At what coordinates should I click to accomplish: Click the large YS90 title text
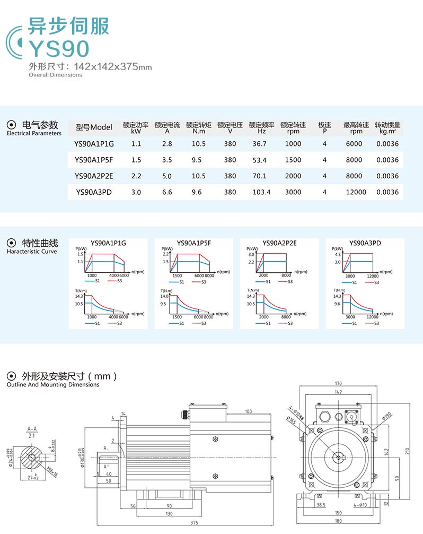coord(59,49)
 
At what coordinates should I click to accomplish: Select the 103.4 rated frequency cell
coord(261,192)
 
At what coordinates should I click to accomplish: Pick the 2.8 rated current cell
coord(167,144)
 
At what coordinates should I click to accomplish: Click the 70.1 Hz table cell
coord(260,176)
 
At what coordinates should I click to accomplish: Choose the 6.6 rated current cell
coord(167,192)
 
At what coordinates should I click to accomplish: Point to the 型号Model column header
coord(94,127)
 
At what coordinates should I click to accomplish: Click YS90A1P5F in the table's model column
coord(94,160)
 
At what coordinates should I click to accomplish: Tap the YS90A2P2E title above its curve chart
coord(279,244)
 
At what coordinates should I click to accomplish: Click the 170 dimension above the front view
coord(338,384)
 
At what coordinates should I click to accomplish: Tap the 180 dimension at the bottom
coord(338,523)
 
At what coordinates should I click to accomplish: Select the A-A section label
coord(32,428)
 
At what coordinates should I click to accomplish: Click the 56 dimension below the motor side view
coord(133,506)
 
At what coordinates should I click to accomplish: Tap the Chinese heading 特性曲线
coord(40,244)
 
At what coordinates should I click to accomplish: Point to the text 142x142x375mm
coord(113,67)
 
